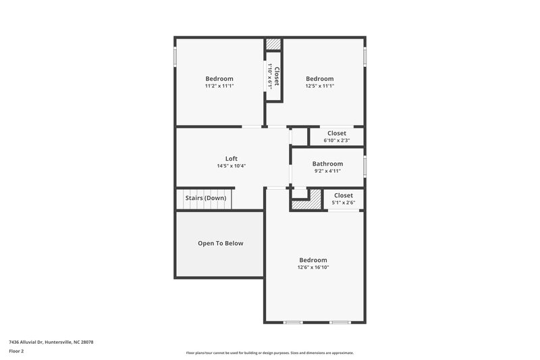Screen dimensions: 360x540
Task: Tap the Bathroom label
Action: click(327, 163)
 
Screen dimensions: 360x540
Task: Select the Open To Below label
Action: click(220, 243)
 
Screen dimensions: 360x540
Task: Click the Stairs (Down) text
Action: click(205, 198)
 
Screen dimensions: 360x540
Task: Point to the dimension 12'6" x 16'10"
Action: click(313, 267)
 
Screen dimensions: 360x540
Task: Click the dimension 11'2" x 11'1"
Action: click(219, 86)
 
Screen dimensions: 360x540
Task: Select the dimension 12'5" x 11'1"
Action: click(319, 86)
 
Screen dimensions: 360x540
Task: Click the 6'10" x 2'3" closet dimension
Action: click(336, 140)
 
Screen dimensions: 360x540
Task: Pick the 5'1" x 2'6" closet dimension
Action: click(343, 203)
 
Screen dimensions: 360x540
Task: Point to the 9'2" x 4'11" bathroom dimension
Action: click(327, 171)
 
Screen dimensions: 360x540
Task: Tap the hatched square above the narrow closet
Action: click(273, 44)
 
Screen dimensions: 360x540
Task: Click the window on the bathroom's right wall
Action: click(365, 165)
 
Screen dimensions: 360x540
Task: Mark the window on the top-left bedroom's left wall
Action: click(175, 56)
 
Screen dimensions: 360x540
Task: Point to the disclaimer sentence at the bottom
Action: click(270, 353)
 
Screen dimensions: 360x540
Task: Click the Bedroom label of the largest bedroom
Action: click(313, 260)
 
